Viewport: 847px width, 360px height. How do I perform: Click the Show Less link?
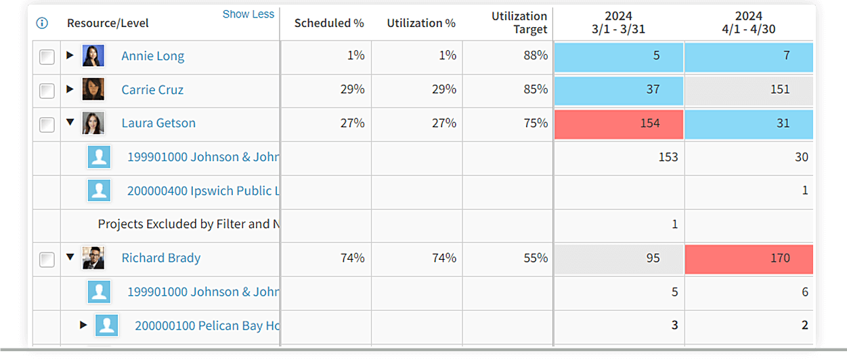click(x=248, y=14)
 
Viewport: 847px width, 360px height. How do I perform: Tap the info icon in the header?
click(x=42, y=23)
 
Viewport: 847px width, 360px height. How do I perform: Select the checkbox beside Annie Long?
click(x=47, y=57)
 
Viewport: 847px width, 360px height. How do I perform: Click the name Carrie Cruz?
click(x=152, y=89)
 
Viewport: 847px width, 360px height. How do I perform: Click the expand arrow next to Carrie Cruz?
click(x=70, y=89)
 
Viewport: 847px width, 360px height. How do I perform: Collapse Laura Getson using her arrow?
click(x=70, y=122)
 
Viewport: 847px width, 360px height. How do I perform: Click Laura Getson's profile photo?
click(x=93, y=123)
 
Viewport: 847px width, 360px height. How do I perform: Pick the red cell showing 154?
click(x=619, y=124)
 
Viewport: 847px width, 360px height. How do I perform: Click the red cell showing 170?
click(x=749, y=258)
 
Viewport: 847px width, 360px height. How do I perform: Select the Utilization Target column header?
click(x=519, y=22)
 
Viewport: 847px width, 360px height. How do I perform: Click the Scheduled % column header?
click(x=329, y=23)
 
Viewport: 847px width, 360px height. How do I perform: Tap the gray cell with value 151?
click(x=749, y=90)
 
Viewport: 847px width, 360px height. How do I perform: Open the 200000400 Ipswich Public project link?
click(x=203, y=191)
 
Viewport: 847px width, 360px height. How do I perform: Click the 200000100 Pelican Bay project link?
click(x=207, y=325)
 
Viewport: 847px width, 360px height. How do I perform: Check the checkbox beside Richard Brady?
click(x=47, y=259)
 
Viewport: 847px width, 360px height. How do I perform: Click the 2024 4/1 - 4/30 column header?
click(x=749, y=22)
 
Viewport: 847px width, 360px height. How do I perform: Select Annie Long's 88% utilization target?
click(x=535, y=55)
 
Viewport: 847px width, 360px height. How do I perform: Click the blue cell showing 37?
click(x=619, y=90)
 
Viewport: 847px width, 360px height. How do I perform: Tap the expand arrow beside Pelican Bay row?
click(x=83, y=325)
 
